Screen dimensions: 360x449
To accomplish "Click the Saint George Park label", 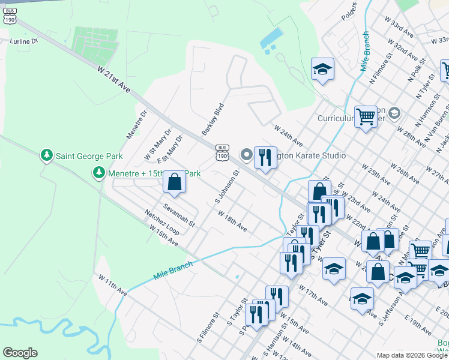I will [89, 156].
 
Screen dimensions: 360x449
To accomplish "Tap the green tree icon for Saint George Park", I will [46, 156].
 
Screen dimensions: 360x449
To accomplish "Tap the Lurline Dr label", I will [24, 41].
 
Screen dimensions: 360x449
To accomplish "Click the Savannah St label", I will [179, 215].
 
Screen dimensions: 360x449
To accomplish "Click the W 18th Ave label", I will [232, 221].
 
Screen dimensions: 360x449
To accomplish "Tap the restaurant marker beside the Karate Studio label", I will [265, 158].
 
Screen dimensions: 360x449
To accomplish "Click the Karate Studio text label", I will [312, 155].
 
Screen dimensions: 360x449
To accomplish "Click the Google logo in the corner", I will [20, 353].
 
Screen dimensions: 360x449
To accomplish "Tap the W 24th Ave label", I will [288, 136].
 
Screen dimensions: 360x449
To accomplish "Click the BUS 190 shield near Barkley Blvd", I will [222, 152].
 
